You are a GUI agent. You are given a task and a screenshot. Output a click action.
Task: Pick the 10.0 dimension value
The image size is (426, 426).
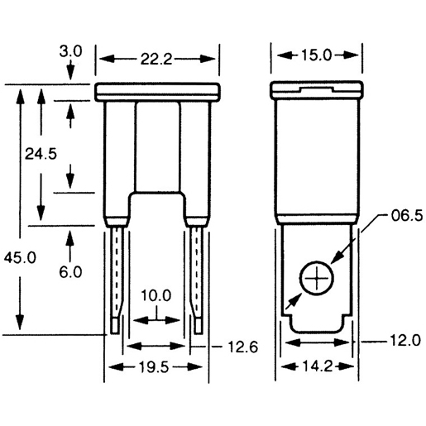click(156, 295)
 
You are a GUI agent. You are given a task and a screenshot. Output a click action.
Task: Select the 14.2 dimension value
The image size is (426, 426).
click(316, 367)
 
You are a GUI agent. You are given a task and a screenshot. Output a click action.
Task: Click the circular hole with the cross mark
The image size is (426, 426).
click(315, 280)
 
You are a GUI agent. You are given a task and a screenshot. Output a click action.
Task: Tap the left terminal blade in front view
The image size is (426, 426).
click(117, 281)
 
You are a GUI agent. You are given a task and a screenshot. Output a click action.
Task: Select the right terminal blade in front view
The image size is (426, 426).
click(197, 281)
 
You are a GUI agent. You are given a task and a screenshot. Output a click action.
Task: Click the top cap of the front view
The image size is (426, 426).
click(158, 92)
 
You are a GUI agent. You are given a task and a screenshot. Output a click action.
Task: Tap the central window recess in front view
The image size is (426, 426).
click(157, 149)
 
